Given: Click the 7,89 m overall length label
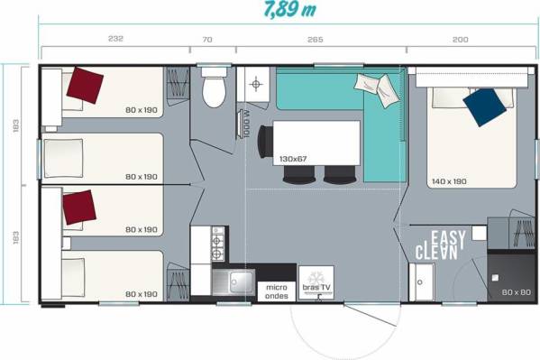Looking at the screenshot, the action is point(289,10).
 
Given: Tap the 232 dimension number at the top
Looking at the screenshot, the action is point(115,39).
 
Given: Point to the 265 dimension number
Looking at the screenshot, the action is point(316,40).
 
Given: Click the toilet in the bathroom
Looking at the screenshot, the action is point(214,88).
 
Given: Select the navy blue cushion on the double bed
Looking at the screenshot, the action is point(484,107).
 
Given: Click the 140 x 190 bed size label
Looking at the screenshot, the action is point(449,181).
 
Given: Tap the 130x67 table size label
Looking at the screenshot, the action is point(293,159).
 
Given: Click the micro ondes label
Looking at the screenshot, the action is point(277,291).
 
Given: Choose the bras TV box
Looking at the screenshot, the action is point(316,282).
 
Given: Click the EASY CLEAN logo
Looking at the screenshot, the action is point(441,245).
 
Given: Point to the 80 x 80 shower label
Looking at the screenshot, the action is point(516,292).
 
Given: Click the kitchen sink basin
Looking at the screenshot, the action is point(234,282).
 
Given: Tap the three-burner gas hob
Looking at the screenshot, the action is point(217,244).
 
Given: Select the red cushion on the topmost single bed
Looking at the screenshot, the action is point(85,85).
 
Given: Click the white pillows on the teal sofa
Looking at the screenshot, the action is point(378,89).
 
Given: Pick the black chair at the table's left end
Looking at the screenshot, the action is point(265,142).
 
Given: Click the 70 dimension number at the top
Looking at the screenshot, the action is point(207,40).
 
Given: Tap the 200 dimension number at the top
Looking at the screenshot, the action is point(461,40).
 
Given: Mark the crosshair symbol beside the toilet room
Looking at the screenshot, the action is point(255,84).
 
